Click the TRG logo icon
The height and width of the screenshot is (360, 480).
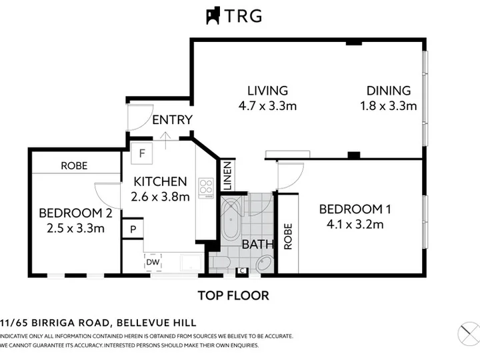click(x=213, y=15)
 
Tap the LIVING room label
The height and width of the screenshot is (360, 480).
click(x=267, y=91)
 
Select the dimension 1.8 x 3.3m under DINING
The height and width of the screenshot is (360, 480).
click(x=388, y=106)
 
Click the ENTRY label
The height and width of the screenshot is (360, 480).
click(x=173, y=120)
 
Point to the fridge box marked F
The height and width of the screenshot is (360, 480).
click(x=142, y=153)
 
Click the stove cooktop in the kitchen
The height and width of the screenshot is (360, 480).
click(x=206, y=187)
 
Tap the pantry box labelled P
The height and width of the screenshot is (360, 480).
click(x=133, y=229)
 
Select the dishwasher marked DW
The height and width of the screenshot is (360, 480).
click(x=153, y=262)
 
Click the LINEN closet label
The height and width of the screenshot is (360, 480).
click(x=227, y=176)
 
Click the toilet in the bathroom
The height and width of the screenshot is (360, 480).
click(x=220, y=263)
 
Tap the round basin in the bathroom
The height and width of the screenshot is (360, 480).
click(x=264, y=263)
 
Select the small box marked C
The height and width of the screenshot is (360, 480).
click(x=242, y=271)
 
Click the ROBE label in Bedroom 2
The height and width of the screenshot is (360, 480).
click(x=74, y=165)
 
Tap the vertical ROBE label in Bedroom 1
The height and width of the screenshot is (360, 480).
click(x=288, y=236)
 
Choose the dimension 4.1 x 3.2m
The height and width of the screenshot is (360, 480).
click(x=355, y=225)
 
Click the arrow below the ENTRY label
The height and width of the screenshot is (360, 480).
click(x=165, y=141)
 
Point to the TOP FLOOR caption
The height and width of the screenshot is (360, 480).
click(x=233, y=295)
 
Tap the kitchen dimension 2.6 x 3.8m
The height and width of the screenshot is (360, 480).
click(x=160, y=197)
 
